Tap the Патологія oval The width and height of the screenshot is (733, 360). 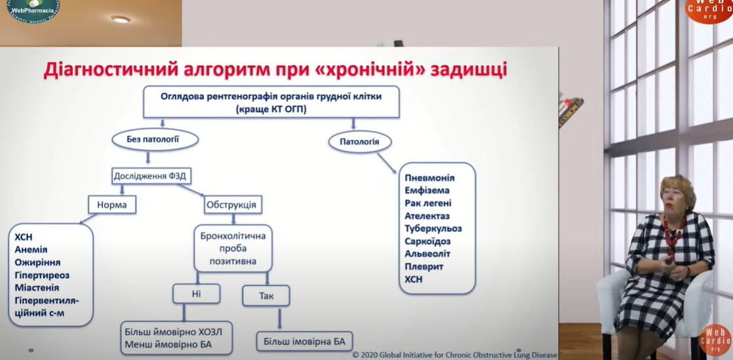359,141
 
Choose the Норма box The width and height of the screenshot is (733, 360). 112,205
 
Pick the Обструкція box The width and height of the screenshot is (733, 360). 233,205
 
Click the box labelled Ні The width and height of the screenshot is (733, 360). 196,293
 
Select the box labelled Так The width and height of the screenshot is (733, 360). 266,296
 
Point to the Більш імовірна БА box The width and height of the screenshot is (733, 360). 304,342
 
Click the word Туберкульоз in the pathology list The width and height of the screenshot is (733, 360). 433,229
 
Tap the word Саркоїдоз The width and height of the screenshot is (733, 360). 427,241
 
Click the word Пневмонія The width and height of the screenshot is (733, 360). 429,178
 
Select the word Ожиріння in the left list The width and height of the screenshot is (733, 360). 37,262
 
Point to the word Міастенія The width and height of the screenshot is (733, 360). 37,287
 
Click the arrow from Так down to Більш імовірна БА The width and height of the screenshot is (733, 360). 279,319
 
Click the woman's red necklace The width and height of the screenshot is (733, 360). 673,233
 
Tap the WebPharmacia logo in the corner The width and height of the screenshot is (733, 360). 33,9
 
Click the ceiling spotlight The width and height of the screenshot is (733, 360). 121,19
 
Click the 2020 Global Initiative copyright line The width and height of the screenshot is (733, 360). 454,355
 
